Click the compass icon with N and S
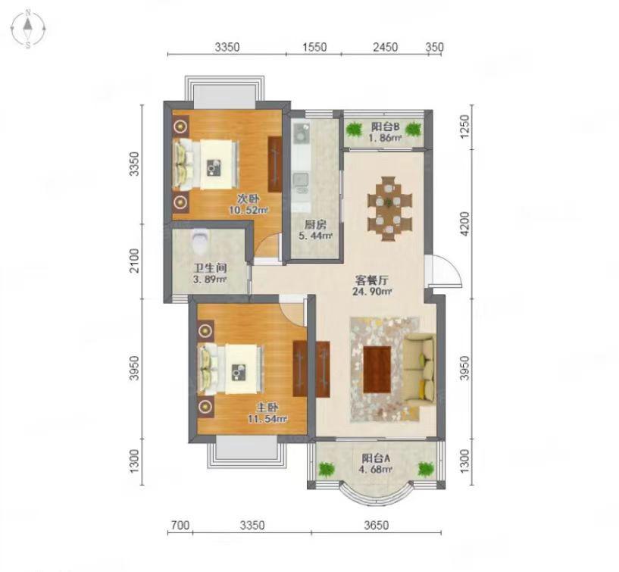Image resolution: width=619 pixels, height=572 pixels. (x=27, y=29)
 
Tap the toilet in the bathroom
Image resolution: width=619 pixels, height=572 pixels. (x=199, y=240)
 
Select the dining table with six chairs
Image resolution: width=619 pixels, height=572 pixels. (x=389, y=208)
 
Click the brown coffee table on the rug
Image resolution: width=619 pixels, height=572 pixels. (x=377, y=370)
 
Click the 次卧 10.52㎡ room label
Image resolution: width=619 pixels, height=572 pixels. (x=249, y=204)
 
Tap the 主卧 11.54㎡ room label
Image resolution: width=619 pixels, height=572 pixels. (x=267, y=413)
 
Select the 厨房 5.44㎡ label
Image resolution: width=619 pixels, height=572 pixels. (x=315, y=230)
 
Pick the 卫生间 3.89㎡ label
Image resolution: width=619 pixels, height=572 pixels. (x=210, y=273)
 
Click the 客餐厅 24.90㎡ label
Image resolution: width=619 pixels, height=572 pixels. (x=372, y=286)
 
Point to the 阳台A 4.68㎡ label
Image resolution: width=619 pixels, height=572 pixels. (x=377, y=464)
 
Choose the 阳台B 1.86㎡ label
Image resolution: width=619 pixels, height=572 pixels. (x=386, y=133)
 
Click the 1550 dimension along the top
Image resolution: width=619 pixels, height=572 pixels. (x=314, y=47)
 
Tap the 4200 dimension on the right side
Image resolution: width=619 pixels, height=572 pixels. (x=465, y=223)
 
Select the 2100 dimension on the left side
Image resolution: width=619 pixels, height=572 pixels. (x=135, y=261)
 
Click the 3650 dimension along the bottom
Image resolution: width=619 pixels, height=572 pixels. (x=377, y=526)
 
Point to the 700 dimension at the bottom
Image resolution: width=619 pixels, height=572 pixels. (x=180, y=526)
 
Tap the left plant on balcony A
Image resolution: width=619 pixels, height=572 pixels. (x=326, y=470)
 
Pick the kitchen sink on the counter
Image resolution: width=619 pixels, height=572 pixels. (x=301, y=183)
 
